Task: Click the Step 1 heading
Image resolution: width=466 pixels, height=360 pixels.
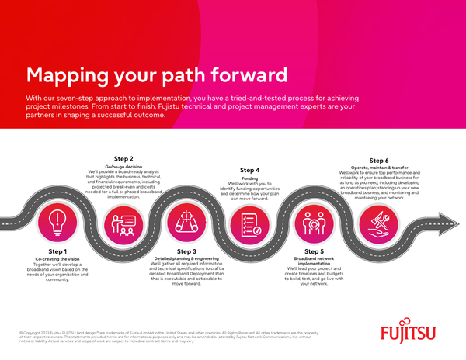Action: [57, 251]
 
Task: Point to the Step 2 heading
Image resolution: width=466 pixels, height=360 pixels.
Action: [123, 158]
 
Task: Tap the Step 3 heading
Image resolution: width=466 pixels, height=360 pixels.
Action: [186, 251]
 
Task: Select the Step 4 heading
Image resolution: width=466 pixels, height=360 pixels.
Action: [250, 170]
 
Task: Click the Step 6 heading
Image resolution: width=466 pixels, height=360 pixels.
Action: [379, 160]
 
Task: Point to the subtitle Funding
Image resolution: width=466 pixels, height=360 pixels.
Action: [250, 178]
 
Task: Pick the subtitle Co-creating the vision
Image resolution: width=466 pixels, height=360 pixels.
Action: [57, 260]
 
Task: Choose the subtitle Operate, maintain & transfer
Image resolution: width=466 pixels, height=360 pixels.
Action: [379, 168]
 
